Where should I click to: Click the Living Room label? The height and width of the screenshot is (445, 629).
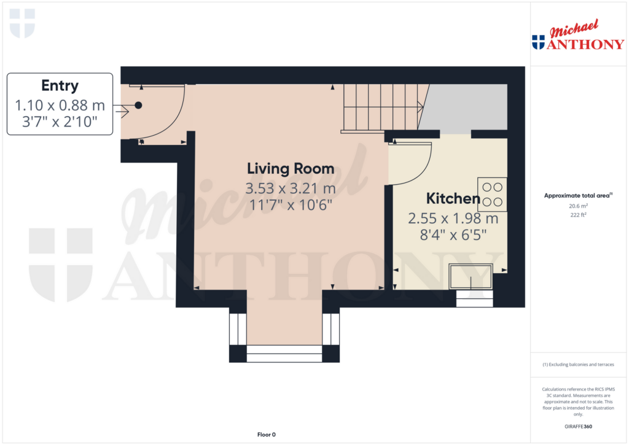point(291,168)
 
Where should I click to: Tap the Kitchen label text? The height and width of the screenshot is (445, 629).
point(453,198)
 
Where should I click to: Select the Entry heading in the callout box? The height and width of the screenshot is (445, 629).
point(60,86)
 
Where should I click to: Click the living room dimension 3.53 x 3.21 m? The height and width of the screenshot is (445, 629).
point(291,187)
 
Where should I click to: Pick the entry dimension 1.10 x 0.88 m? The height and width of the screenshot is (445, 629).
point(60,106)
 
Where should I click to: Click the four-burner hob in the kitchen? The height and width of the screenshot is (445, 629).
point(492,194)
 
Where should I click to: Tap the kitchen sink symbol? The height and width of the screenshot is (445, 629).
point(471,276)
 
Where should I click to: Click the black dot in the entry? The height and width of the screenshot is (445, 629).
point(138,106)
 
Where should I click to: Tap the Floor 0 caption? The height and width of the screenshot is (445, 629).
point(266,435)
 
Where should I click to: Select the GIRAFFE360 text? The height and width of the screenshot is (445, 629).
point(577,427)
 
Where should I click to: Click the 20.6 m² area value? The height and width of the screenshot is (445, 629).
point(577,206)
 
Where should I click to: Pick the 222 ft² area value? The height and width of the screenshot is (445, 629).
point(577,215)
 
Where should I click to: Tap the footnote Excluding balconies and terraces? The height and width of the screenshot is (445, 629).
point(577,365)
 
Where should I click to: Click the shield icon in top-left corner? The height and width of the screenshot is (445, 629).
point(23,23)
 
